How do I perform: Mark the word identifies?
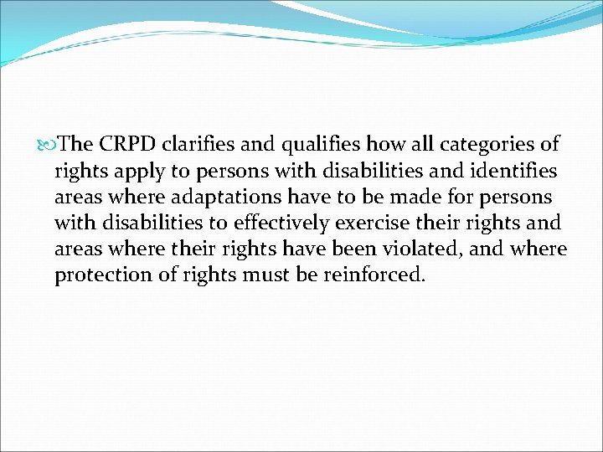pyautogui.click(x=513, y=171)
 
